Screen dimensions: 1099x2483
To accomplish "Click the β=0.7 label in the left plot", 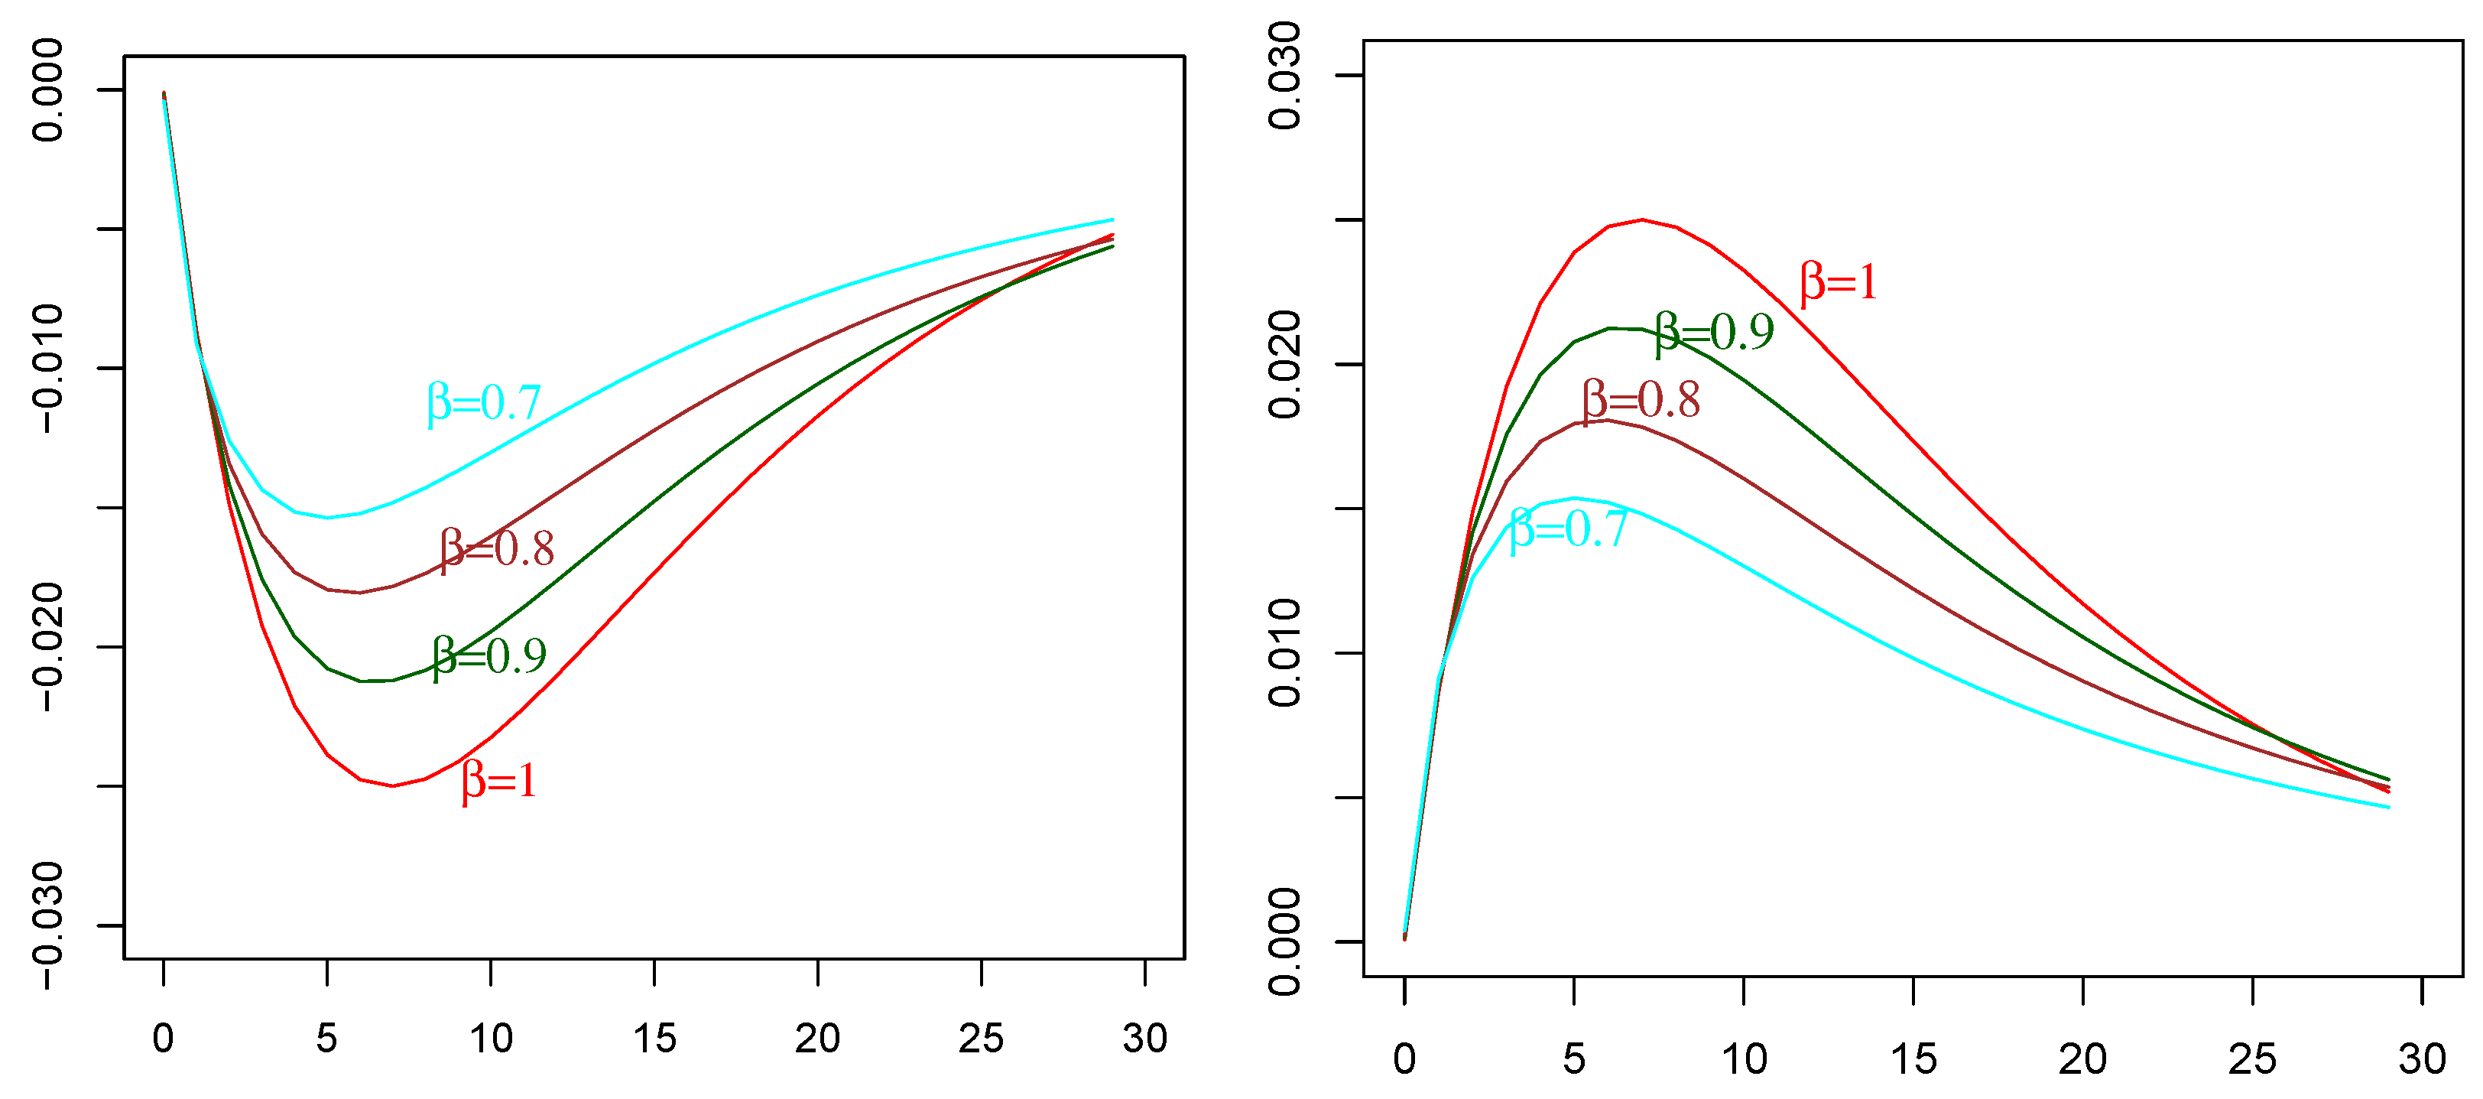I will [x=484, y=403].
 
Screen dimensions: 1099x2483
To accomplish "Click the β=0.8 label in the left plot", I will [x=498, y=549].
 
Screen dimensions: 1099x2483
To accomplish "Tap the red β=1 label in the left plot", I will [x=499, y=780].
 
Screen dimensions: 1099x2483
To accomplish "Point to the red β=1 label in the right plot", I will [x=1838, y=282].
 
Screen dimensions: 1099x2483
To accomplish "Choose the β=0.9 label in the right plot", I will [x=1715, y=333].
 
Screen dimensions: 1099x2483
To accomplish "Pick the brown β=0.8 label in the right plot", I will [x=1641, y=400].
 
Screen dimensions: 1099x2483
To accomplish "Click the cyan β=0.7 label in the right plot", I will [x=1568, y=529].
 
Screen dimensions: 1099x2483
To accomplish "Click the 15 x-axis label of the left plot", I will [x=654, y=1039].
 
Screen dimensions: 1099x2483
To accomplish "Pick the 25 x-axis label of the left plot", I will [x=982, y=1039].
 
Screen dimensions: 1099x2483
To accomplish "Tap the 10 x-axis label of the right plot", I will [x=1744, y=1059].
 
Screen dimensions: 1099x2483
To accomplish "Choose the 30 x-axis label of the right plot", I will [x=2421, y=1059].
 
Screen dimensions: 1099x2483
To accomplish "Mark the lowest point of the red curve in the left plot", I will [x=392, y=785].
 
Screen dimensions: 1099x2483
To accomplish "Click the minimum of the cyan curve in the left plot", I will [x=328, y=518].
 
